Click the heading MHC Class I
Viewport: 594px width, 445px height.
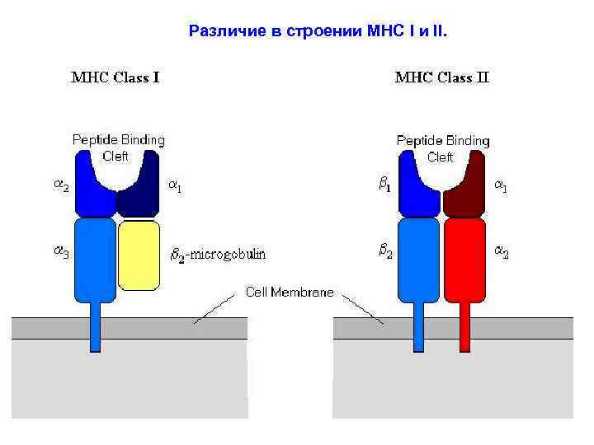pos(115,78)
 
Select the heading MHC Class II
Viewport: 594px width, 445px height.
pos(442,78)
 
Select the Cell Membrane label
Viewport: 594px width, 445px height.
pos(290,292)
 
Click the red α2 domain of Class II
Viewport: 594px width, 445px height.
pos(463,260)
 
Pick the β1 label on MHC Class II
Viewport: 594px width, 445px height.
pos(385,187)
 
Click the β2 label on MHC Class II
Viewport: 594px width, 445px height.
pos(385,252)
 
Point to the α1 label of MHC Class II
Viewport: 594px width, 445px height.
pos(501,187)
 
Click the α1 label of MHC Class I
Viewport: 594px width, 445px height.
pos(175,187)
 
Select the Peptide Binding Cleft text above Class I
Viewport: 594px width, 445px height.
pos(118,148)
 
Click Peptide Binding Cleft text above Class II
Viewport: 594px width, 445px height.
pos(442,148)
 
